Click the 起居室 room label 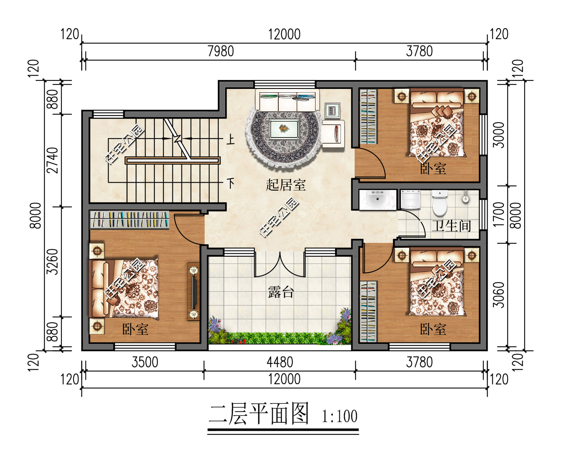pyautogui.click(x=285, y=185)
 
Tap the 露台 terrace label pyautogui.click(x=281, y=292)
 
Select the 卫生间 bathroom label pyautogui.click(x=451, y=226)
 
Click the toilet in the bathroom pyautogui.click(x=439, y=203)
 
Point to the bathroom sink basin pyautogui.click(x=377, y=200)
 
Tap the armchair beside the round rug pyautogui.click(x=333, y=134)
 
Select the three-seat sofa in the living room pyautogui.click(x=287, y=100)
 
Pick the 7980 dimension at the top pyautogui.click(x=220, y=52)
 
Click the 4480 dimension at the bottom pyautogui.click(x=280, y=362)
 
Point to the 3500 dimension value pyautogui.click(x=145, y=362)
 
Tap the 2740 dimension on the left pyautogui.click(x=52, y=160)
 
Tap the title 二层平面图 pyautogui.click(x=258, y=414)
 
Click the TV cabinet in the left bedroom pyautogui.click(x=193, y=291)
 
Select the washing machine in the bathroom pyautogui.click(x=411, y=200)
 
